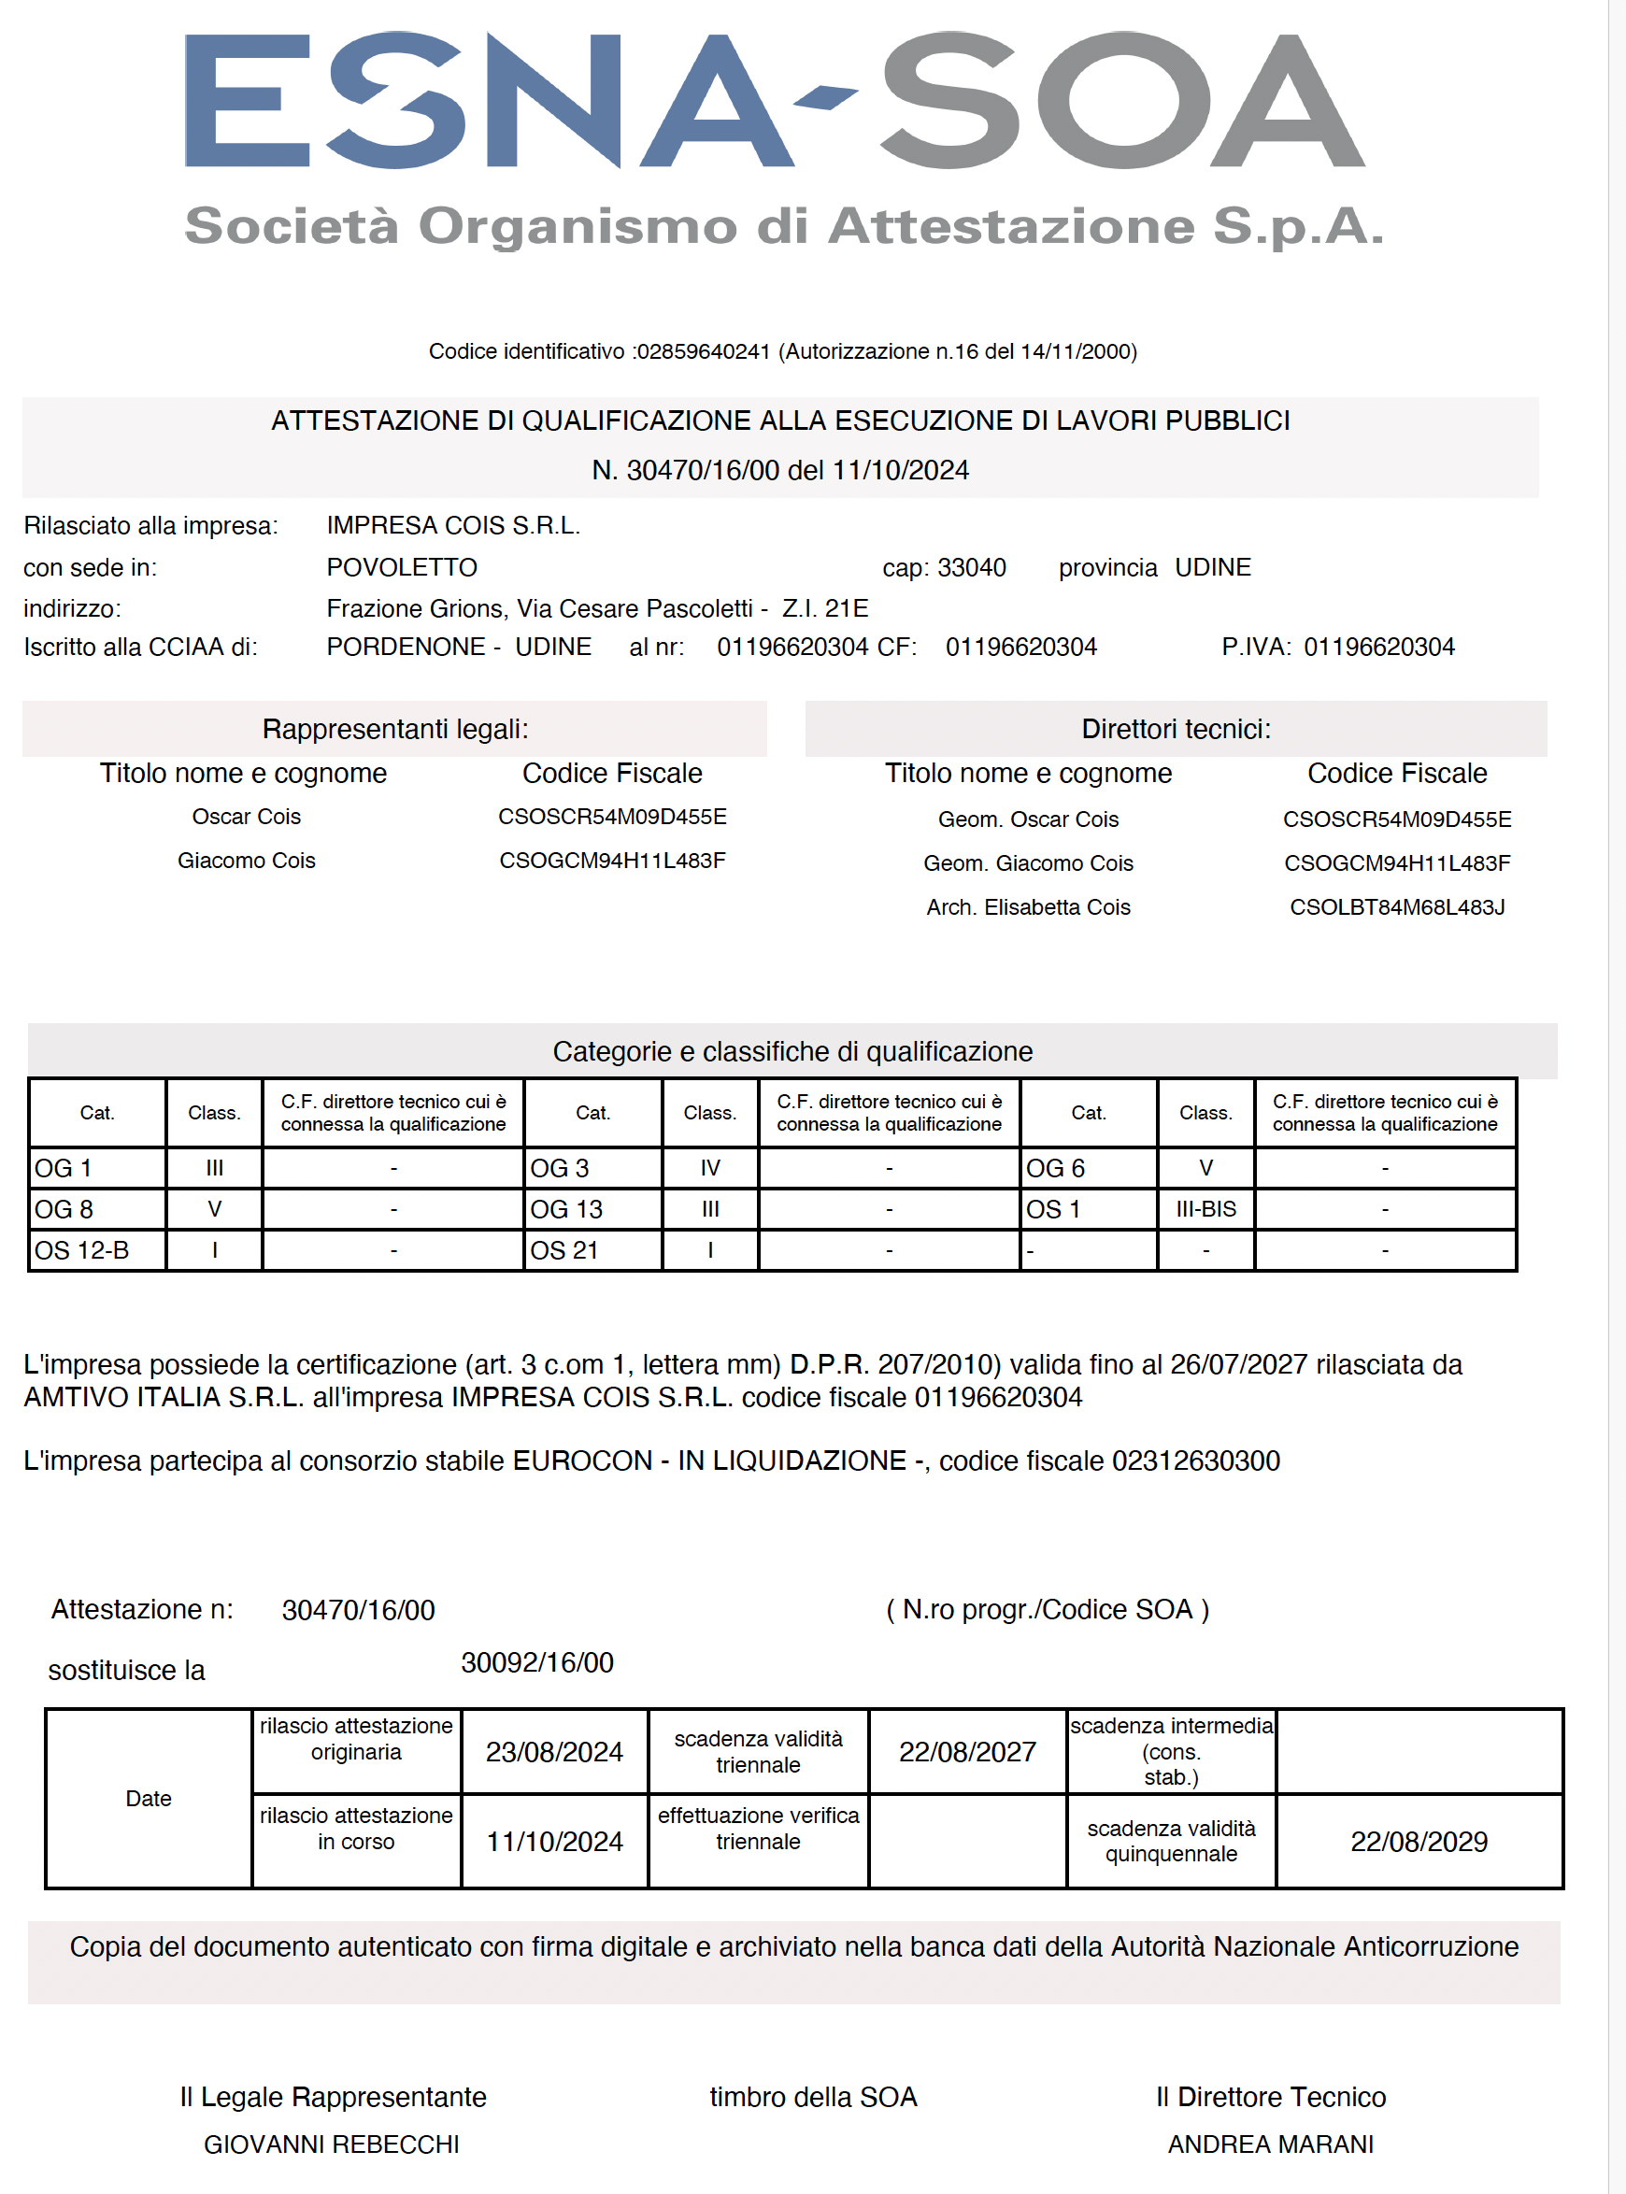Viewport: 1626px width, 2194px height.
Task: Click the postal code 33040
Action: pyautogui.click(x=972, y=568)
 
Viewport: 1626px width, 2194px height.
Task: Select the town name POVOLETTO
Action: pyautogui.click(x=402, y=568)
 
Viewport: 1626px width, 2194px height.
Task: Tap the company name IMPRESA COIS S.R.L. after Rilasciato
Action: pyautogui.click(x=453, y=526)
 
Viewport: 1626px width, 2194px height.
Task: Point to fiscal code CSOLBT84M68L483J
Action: pyautogui.click(x=1397, y=907)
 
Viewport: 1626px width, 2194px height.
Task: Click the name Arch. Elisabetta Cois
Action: pyautogui.click(x=1028, y=907)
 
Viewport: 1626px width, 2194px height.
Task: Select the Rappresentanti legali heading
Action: pyautogui.click(x=394, y=730)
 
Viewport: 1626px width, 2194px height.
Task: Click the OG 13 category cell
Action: pyautogui.click(x=566, y=1210)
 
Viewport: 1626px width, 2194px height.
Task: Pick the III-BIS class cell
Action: pyautogui.click(x=1205, y=1210)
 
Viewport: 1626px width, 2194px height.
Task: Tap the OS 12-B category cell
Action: pyautogui.click(x=81, y=1251)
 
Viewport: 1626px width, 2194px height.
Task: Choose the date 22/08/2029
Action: pyautogui.click(x=1419, y=1843)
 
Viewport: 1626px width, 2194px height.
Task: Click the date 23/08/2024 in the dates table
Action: pyautogui.click(x=554, y=1753)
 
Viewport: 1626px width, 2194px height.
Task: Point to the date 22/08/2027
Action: pyautogui.click(x=967, y=1753)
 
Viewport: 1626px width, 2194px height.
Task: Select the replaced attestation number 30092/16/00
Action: pyautogui.click(x=537, y=1663)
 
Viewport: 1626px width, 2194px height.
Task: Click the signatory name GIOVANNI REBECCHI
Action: pyautogui.click(x=332, y=2144)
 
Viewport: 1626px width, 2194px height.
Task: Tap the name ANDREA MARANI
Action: pyautogui.click(x=1271, y=2144)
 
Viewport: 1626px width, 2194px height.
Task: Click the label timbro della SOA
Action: pyautogui.click(x=813, y=2098)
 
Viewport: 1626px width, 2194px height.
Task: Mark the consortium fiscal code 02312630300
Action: pyautogui.click(x=1195, y=1461)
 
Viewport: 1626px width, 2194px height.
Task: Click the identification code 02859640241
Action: pyautogui.click(x=703, y=352)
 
